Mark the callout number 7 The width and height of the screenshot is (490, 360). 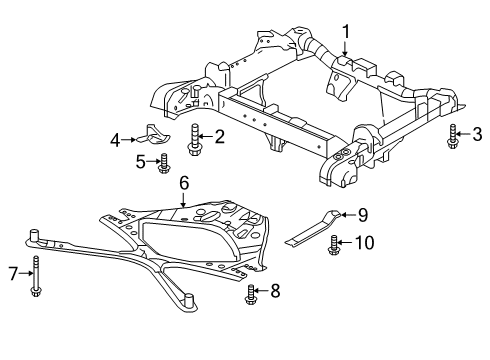pos(14,273)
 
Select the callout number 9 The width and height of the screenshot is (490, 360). pos(364,214)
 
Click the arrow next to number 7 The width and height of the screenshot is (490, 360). pos(24,273)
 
